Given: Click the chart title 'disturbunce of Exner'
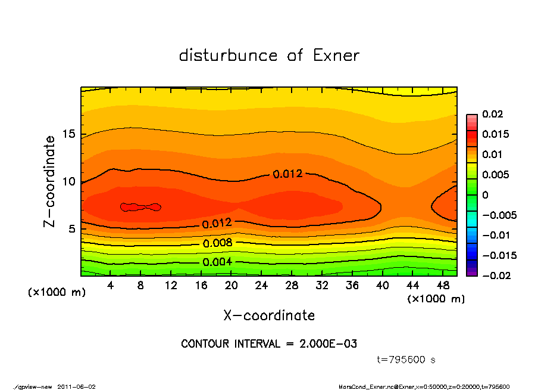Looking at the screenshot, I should point(269,55).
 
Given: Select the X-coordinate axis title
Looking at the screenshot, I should point(269,315).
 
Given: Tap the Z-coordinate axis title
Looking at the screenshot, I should point(49,181).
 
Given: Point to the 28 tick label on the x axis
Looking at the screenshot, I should point(292,286).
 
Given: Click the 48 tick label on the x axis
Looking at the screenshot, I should point(442,286).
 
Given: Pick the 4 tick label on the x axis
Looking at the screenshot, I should point(111,286).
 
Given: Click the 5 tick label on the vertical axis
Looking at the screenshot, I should point(71,229).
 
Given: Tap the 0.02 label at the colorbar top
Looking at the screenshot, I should point(493,114).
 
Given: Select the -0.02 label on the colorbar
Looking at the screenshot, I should point(496,276).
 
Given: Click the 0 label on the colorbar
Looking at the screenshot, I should point(485,195).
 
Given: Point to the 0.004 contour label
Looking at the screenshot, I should point(217,262).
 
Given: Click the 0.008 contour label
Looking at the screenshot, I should point(217,243).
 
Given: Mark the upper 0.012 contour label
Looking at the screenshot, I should point(287,174).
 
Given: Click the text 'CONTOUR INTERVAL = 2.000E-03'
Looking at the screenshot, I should point(269,344).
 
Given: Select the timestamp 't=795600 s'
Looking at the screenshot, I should point(407,360).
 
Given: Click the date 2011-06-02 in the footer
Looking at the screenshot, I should point(77,386).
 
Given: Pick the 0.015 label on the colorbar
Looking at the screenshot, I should point(496,134).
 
